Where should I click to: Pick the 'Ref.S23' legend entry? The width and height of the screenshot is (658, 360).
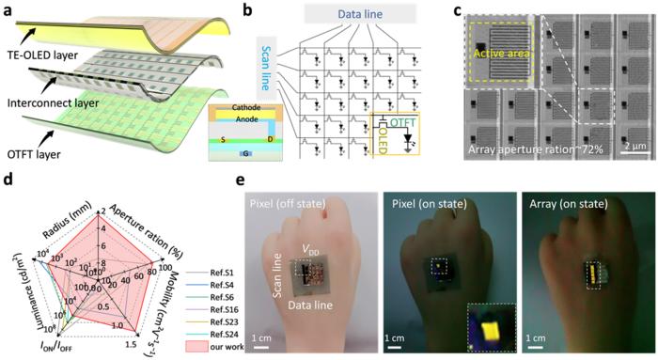coord(223,317)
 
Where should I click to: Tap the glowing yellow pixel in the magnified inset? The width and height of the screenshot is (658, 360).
coord(467,326)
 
